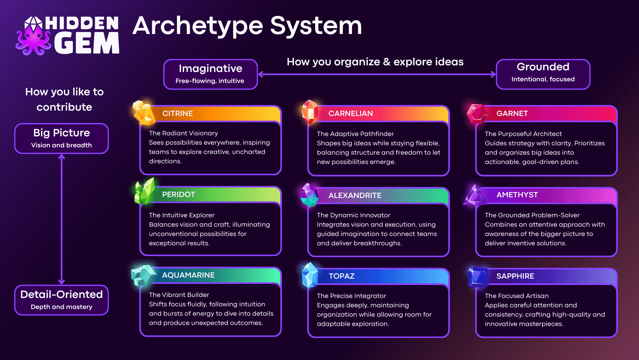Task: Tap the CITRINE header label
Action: coord(177,113)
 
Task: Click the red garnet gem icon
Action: coord(476,114)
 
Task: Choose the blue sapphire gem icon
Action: coord(478,277)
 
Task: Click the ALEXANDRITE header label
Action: coord(355,195)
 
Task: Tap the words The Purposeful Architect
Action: coord(523,134)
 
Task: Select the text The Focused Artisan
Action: coord(517,296)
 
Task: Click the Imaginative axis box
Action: coord(210,74)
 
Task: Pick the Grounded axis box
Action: coord(543,74)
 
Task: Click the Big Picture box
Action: coord(62,138)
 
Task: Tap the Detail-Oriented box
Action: coord(62,300)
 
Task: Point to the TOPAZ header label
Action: coord(341,276)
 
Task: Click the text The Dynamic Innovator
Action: coord(353,215)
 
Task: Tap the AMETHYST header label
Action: coord(517,195)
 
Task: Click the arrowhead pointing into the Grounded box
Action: coord(493,74)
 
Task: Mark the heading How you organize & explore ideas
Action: coord(375,62)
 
